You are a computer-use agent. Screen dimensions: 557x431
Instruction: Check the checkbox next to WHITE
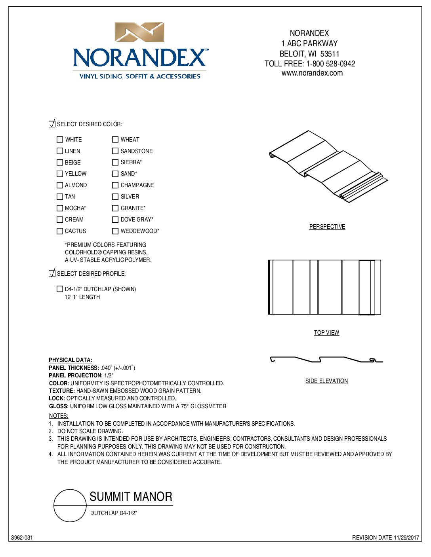[60, 140]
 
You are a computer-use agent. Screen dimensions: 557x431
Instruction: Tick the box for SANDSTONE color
[115, 151]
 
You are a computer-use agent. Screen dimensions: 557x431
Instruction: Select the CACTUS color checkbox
[60, 231]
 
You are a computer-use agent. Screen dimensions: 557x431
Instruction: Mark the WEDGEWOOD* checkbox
[115, 231]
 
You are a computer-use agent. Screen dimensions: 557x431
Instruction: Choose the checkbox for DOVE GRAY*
[115, 220]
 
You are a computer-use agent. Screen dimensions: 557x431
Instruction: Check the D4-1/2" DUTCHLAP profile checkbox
[60, 289]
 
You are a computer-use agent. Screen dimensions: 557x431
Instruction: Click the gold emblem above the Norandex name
[139, 32]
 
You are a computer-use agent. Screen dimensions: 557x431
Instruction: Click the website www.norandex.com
[312, 73]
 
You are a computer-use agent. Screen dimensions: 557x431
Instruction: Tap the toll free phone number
[330, 64]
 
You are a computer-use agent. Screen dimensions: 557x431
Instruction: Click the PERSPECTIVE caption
[327, 227]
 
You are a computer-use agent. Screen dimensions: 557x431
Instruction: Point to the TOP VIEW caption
[326, 333]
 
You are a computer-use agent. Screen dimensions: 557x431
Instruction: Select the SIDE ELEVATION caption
[326, 381]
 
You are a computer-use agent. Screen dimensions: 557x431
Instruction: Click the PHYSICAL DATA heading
[71, 360]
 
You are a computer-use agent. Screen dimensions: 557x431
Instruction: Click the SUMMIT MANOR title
[131, 496]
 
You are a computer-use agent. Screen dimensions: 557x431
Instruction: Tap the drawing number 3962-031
[22, 538]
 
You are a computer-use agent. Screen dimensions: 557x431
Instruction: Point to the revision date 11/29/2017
[406, 538]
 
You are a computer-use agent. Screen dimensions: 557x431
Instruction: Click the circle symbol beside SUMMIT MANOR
[70, 506]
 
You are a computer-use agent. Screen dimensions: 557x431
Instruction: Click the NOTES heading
[59, 416]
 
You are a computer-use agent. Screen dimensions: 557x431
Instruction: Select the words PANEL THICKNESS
[73, 368]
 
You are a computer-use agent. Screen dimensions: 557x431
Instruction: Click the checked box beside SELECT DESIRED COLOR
[52, 124]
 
